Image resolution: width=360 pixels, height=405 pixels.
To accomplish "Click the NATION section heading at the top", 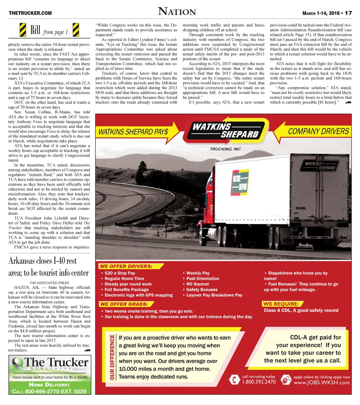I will tap(177, 12).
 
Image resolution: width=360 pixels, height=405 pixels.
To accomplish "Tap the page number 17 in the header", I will tap(348, 13).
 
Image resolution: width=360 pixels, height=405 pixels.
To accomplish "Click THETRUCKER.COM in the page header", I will tap(30, 13).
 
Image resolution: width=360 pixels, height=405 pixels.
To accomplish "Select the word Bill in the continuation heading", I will tap(36, 31).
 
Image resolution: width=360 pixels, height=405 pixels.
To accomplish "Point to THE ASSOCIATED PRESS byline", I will tap(49, 283).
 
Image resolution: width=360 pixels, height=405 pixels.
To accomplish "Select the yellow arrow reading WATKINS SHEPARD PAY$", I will tap(137, 132).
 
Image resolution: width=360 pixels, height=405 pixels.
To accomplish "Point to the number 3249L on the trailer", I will tap(301, 208).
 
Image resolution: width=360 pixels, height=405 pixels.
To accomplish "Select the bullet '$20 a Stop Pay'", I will tap(120, 273).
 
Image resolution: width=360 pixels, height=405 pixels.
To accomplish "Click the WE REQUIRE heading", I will tap(281, 304).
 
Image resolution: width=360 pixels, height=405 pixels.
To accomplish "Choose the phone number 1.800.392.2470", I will tap(258, 382).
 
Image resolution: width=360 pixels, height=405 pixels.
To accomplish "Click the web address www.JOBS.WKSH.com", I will tap(322, 383).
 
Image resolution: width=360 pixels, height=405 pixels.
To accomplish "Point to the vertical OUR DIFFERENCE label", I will tap(112, 358).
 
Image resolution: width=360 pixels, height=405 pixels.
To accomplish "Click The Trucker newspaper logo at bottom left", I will tap(50, 364).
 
